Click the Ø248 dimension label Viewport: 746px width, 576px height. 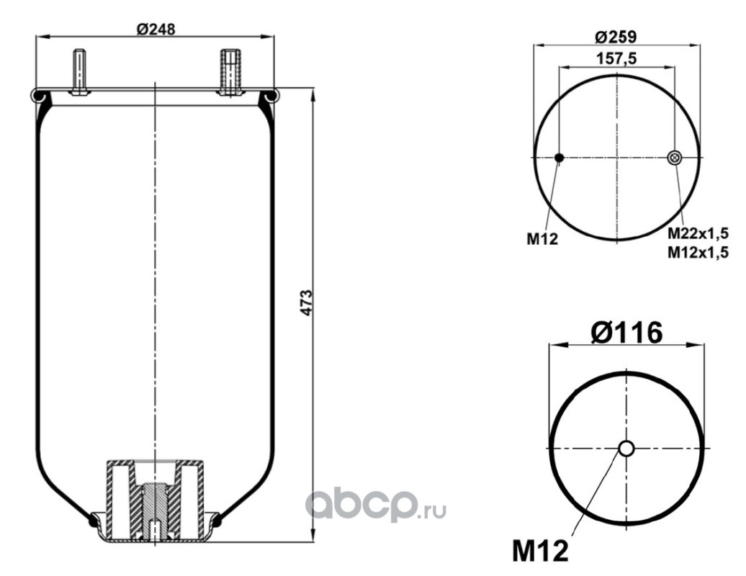click(156, 29)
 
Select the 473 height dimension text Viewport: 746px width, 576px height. click(307, 302)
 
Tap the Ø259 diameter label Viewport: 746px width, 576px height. click(616, 37)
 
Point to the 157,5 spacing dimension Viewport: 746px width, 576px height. click(616, 58)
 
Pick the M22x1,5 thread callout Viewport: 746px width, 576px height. click(698, 233)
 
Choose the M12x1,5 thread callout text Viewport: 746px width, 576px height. click(698, 252)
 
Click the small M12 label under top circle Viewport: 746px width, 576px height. click(542, 239)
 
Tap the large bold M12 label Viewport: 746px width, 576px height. click(541, 551)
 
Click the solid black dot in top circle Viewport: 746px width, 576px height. click(559, 158)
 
